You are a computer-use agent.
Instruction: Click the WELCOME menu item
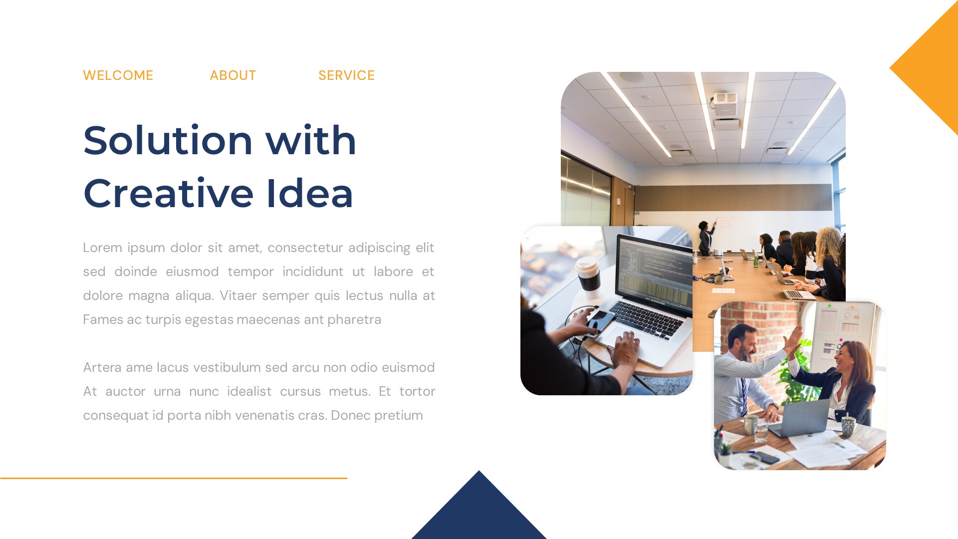click(x=118, y=75)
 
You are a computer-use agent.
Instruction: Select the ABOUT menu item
click(x=233, y=75)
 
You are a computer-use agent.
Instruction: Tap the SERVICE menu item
click(x=346, y=75)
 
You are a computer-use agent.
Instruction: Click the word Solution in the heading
click(x=168, y=141)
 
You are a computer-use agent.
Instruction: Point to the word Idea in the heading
click(x=309, y=194)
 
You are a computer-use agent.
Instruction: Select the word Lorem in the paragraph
click(x=102, y=248)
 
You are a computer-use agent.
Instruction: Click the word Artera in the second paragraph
click(x=102, y=367)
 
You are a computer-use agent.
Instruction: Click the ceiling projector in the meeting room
click(x=725, y=99)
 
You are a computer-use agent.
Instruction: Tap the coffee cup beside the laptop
click(x=588, y=275)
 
